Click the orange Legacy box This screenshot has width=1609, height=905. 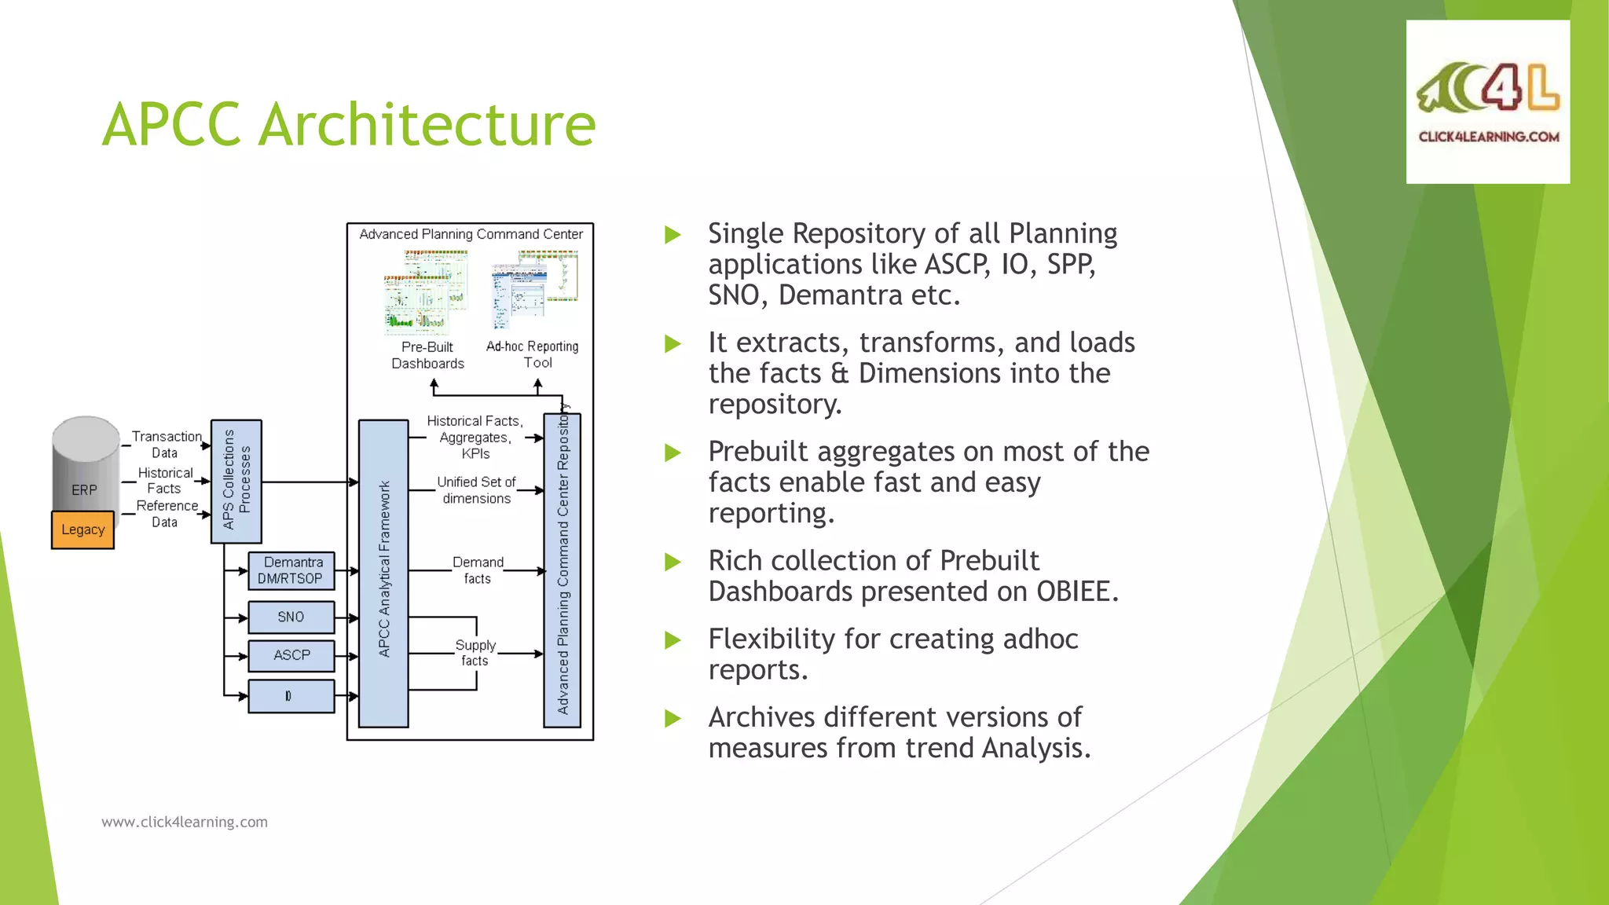point(82,529)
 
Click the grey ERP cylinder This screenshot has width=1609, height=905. point(85,463)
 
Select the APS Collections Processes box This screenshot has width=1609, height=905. point(236,481)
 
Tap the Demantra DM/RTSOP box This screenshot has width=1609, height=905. point(291,570)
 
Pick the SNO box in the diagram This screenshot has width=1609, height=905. point(291,617)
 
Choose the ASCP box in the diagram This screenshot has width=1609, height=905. point(291,655)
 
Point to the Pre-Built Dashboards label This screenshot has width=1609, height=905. point(427,355)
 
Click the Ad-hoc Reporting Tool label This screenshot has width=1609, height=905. point(533,354)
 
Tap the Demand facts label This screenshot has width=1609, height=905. point(478,570)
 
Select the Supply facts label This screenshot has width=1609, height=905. point(475,653)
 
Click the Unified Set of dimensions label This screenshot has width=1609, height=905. point(476,489)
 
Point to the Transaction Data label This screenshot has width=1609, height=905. point(166,444)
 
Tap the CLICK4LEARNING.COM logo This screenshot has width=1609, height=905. point(1487,102)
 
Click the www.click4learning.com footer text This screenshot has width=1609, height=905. point(185,822)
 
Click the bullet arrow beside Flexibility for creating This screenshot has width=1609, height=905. point(673,640)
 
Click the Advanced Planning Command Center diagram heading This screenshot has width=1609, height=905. point(471,234)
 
